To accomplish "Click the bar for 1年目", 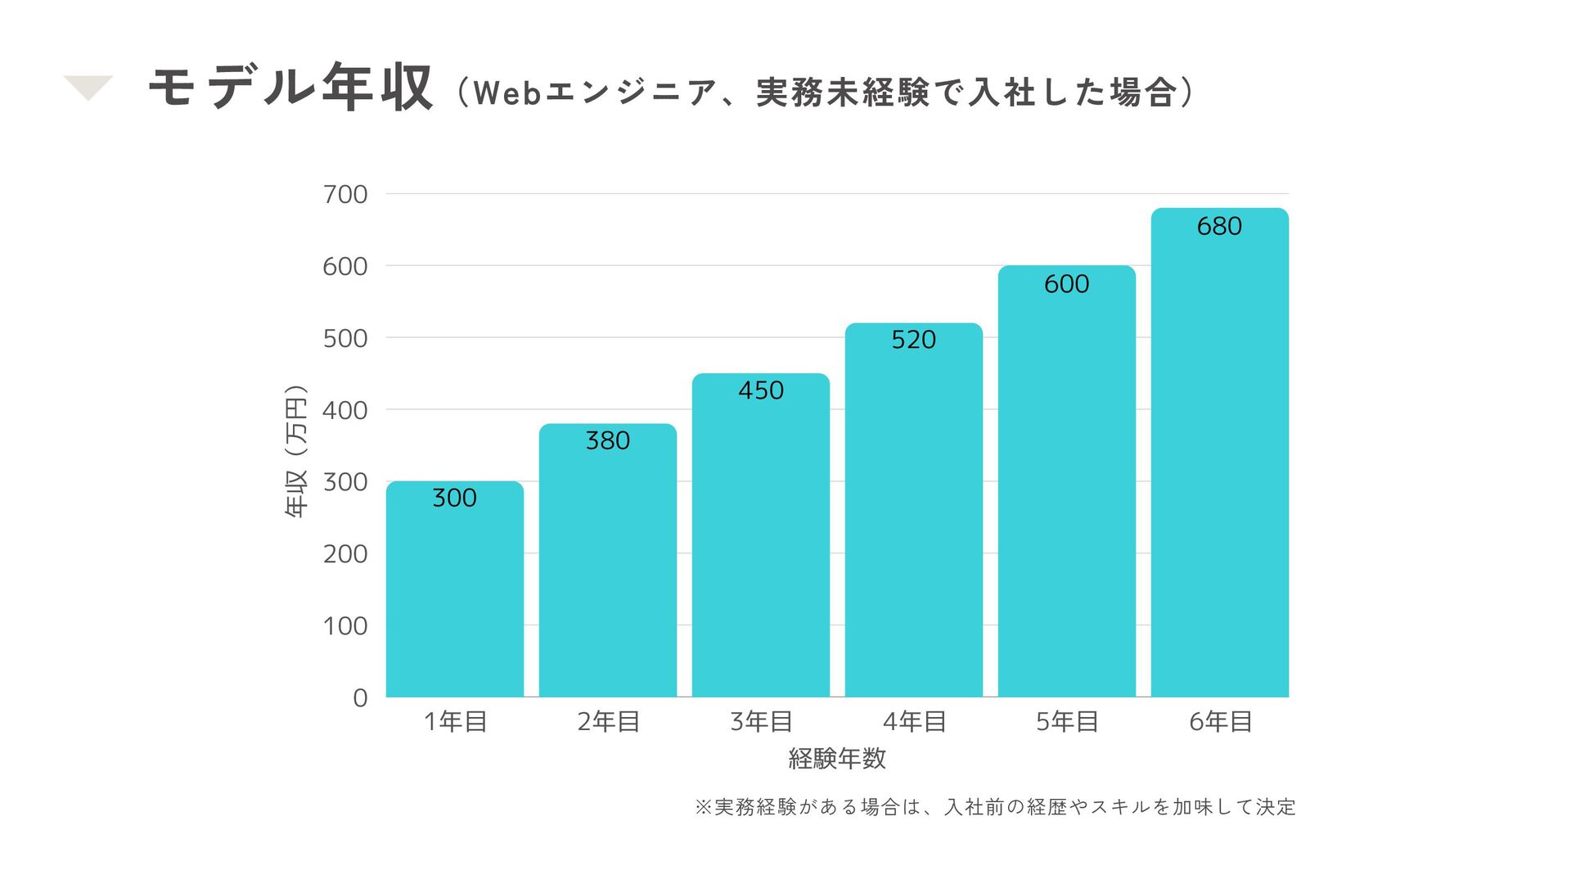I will [x=454, y=589].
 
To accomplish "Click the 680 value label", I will [x=1219, y=226].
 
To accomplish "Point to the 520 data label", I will [x=913, y=340].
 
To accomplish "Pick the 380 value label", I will [x=607, y=440].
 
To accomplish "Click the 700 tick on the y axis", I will [x=345, y=195].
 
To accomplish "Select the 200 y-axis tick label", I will [x=345, y=554].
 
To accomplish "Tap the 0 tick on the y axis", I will [x=360, y=698].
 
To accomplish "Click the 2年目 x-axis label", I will [x=608, y=722].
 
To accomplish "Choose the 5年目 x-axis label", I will [x=1067, y=722].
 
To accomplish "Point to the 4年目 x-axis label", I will [x=914, y=722].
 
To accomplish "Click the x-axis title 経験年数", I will [x=837, y=759].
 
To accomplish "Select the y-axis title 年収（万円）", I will [x=296, y=450].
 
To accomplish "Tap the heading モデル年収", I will [x=290, y=87].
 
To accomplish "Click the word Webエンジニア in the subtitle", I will [x=595, y=92].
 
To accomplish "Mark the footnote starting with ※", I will [x=995, y=807].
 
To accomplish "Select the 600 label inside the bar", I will [x=1066, y=284].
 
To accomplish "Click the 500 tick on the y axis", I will [x=345, y=339].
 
